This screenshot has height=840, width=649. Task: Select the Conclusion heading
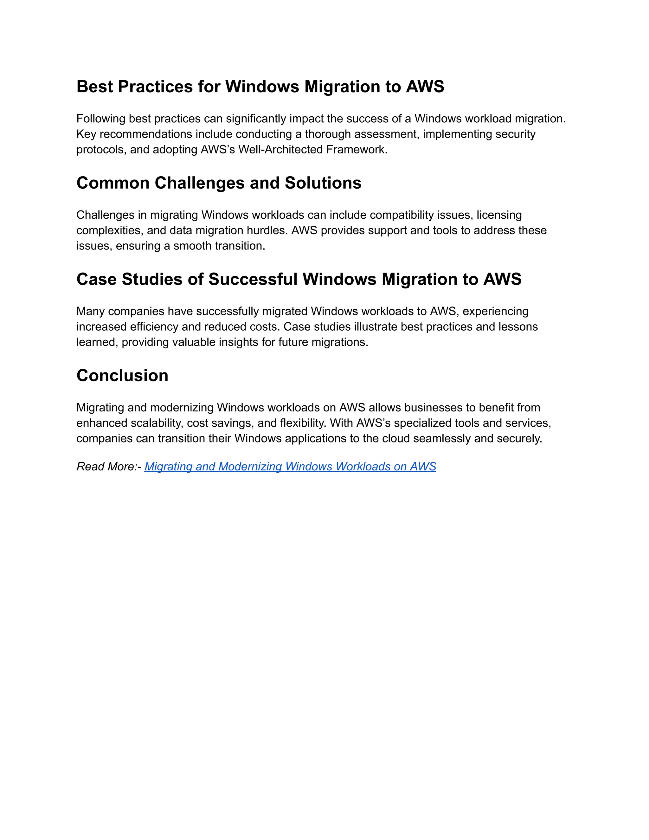[x=122, y=375]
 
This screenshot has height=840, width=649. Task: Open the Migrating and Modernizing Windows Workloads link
[x=290, y=467]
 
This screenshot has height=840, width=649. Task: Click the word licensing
[x=499, y=215]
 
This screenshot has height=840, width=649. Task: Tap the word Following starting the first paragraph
[x=101, y=119]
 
